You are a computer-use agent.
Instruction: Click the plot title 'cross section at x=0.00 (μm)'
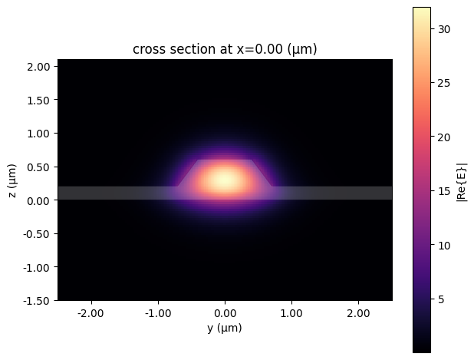225,50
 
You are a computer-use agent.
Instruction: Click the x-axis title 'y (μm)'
225,329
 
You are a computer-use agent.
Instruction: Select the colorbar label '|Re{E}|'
461,180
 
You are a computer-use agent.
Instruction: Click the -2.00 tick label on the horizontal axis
90,313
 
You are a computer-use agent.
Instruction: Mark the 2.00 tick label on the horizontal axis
359,313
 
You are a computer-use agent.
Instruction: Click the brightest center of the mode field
224,180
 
